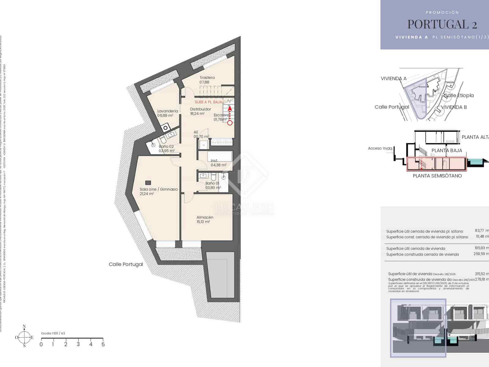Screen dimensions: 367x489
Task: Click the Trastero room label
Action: pos(207,78)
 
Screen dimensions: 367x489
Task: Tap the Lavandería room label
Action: pos(167,111)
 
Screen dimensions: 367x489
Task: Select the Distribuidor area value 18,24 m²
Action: pos(197,114)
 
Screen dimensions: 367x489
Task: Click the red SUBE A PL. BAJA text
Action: pos(208,102)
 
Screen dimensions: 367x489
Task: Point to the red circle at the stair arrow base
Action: pos(230,123)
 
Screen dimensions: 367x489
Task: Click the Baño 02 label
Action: pos(166,146)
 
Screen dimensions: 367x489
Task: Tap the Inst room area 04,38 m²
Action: pos(219,165)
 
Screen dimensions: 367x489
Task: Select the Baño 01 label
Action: pos(212,183)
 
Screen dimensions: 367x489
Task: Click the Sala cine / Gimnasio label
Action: pos(159,189)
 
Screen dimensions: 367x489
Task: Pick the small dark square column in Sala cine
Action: pos(148,183)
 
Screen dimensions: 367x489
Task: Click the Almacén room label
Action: pos(205,217)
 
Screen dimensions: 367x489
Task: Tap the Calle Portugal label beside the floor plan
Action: pos(126,264)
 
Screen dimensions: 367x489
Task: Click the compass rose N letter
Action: pos(24,326)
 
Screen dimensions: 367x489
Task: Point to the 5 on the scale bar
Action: pos(103,344)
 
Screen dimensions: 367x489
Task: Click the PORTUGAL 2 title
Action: pos(442,24)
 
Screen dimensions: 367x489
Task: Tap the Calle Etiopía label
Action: pos(459,95)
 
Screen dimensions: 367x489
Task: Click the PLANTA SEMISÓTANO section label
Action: pos(437,176)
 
